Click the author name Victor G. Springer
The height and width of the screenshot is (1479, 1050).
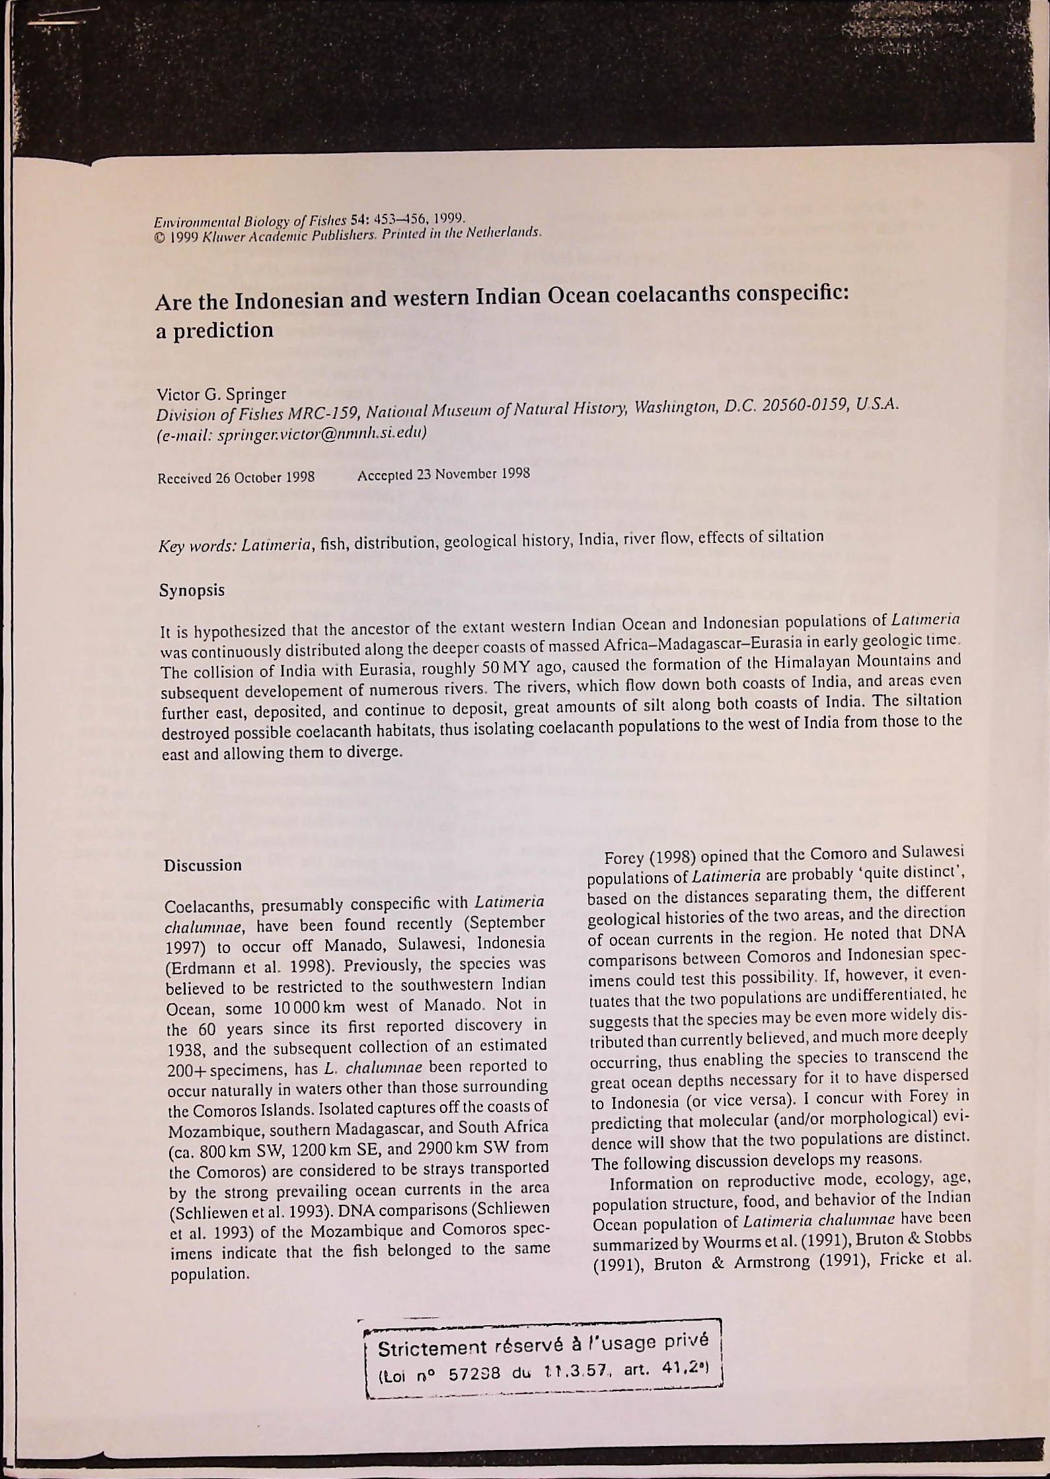click(221, 394)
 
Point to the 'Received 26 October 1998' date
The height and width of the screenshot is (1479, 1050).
click(236, 477)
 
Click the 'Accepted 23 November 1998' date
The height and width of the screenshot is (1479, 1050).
click(443, 474)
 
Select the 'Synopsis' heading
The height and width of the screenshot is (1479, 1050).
click(192, 591)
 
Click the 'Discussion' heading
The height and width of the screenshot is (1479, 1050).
click(203, 865)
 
